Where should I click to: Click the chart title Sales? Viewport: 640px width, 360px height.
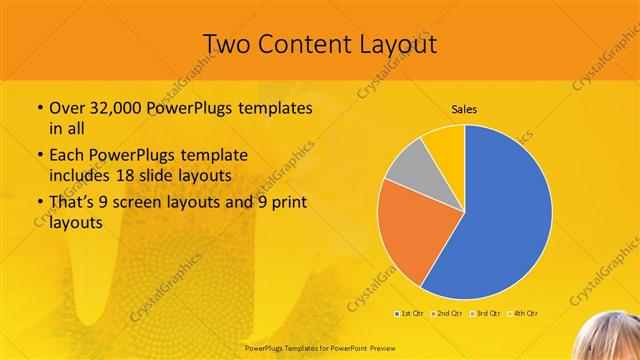(x=464, y=109)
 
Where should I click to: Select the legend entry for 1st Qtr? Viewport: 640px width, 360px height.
(x=410, y=314)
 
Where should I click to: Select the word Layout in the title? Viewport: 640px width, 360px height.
(x=400, y=44)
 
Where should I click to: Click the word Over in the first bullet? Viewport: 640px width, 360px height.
(x=67, y=108)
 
